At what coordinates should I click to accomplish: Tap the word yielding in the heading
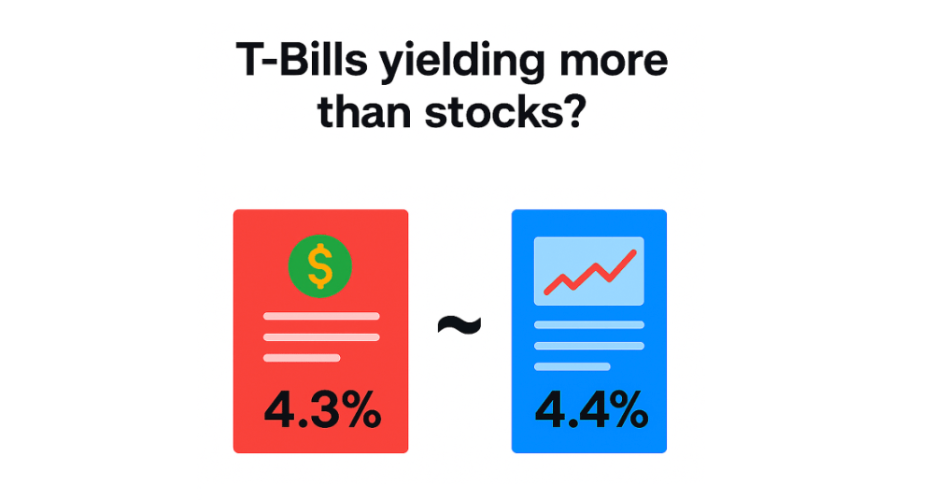(462, 64)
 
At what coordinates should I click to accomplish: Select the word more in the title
(613, 63)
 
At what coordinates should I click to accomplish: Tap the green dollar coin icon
(320, 266)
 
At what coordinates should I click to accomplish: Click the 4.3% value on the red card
(322, 409)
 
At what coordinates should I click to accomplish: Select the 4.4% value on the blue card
(592, 409)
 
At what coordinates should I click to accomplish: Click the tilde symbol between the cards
(459, 325)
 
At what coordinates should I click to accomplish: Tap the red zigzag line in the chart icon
(589, 272)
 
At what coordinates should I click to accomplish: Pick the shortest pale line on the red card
(302, 358)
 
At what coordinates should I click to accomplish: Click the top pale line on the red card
(321, 316)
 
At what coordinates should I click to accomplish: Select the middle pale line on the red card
(321, 337)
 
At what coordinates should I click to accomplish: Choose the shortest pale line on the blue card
(572, 366)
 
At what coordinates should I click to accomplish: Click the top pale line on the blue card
(589, 324)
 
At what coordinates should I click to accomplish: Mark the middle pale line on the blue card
(589, 346)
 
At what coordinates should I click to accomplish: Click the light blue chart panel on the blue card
(589, 271)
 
